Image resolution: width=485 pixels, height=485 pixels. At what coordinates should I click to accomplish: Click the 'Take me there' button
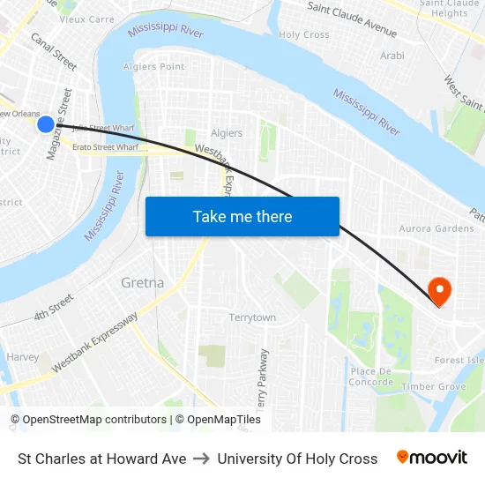click(242, 217)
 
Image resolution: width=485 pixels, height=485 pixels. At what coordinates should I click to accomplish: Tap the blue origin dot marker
click(46, 125)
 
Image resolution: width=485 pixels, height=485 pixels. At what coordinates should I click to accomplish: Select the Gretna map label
click(142, 283)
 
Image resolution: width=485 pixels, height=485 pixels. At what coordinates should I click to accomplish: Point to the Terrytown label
click(252, 317)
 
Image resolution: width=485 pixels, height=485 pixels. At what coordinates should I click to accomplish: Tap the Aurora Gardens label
click(436, 229)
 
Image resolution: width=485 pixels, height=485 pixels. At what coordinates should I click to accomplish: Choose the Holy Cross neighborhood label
click(304, 35)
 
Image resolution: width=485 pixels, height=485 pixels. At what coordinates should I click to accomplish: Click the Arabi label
click(392, 56)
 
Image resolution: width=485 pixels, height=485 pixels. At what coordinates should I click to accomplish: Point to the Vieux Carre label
click(87, 19)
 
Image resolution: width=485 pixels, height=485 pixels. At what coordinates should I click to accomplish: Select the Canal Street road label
click(54, 51)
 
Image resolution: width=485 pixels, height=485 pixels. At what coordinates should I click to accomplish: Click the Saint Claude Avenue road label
click(352, 19)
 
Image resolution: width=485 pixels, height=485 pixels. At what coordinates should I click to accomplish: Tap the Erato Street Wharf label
click(105, 147)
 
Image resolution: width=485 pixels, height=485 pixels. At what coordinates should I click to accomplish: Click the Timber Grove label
click(433, 386)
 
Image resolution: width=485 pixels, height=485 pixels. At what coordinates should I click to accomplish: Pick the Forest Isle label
click(459, 360)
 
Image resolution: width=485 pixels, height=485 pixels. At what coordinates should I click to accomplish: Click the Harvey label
click(23, 357)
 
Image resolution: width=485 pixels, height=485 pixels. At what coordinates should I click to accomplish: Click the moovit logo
click(432, 458)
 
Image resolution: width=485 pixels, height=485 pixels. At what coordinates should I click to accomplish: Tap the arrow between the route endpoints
click(202, 459)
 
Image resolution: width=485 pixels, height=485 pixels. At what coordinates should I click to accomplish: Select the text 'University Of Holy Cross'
click(297, 459)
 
